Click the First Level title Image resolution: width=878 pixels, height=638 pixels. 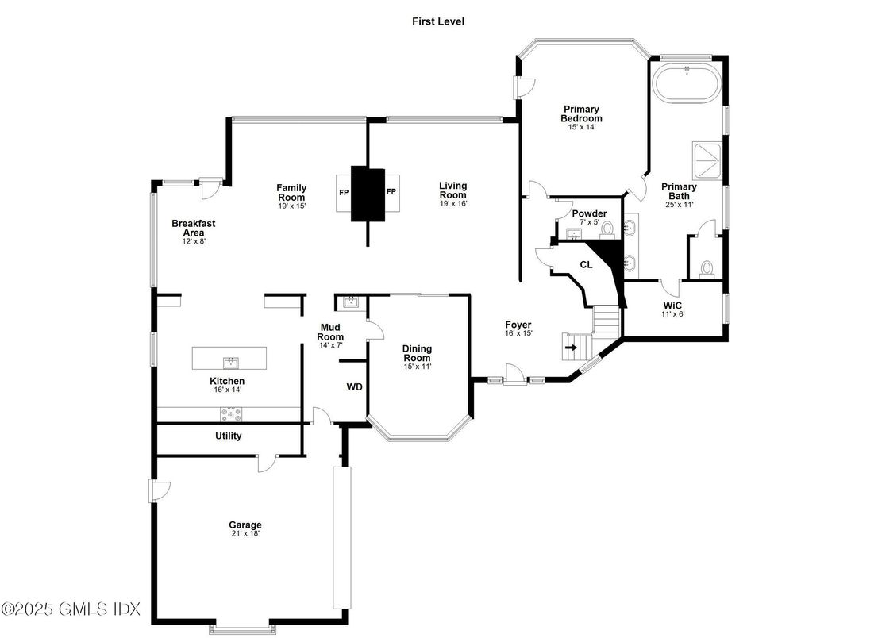[x=437, y=21]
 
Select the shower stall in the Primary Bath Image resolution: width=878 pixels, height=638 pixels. [x=707, y=160]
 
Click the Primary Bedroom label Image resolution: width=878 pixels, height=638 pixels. [x=581, y=113]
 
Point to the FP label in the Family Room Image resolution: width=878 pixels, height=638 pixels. [x=342, y=192]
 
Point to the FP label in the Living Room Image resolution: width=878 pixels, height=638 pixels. [x=391, y=192]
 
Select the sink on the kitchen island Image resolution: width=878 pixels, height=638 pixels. [x=230, y=363]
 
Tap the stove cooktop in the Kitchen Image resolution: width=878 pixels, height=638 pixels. [x=231, y=413]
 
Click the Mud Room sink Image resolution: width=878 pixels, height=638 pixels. [x=350, y=302]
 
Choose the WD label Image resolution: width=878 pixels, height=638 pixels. [x=354, y=388]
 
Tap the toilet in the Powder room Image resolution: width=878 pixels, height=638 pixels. [x=607, y=229]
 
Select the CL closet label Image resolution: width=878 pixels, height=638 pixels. [x=586, y=265]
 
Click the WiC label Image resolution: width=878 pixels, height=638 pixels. [x=673, y=306]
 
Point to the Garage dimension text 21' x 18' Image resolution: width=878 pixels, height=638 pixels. [x=245, y=534]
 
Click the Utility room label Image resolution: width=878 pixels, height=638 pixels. [x=229, y=436]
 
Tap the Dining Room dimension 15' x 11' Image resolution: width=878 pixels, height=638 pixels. [x=416, y=367]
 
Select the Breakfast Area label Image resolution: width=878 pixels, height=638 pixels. [x=193, y=229]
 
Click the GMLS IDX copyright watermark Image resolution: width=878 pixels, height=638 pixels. [x=71, y=609]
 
